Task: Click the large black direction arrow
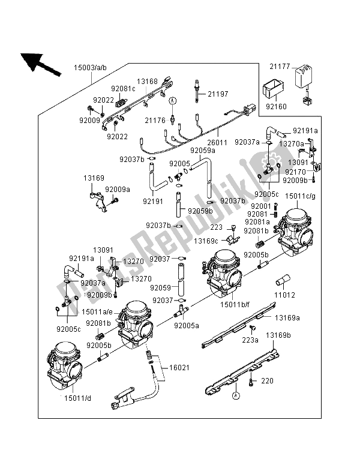40,63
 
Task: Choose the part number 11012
287,295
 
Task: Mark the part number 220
266,380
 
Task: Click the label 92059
161,287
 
